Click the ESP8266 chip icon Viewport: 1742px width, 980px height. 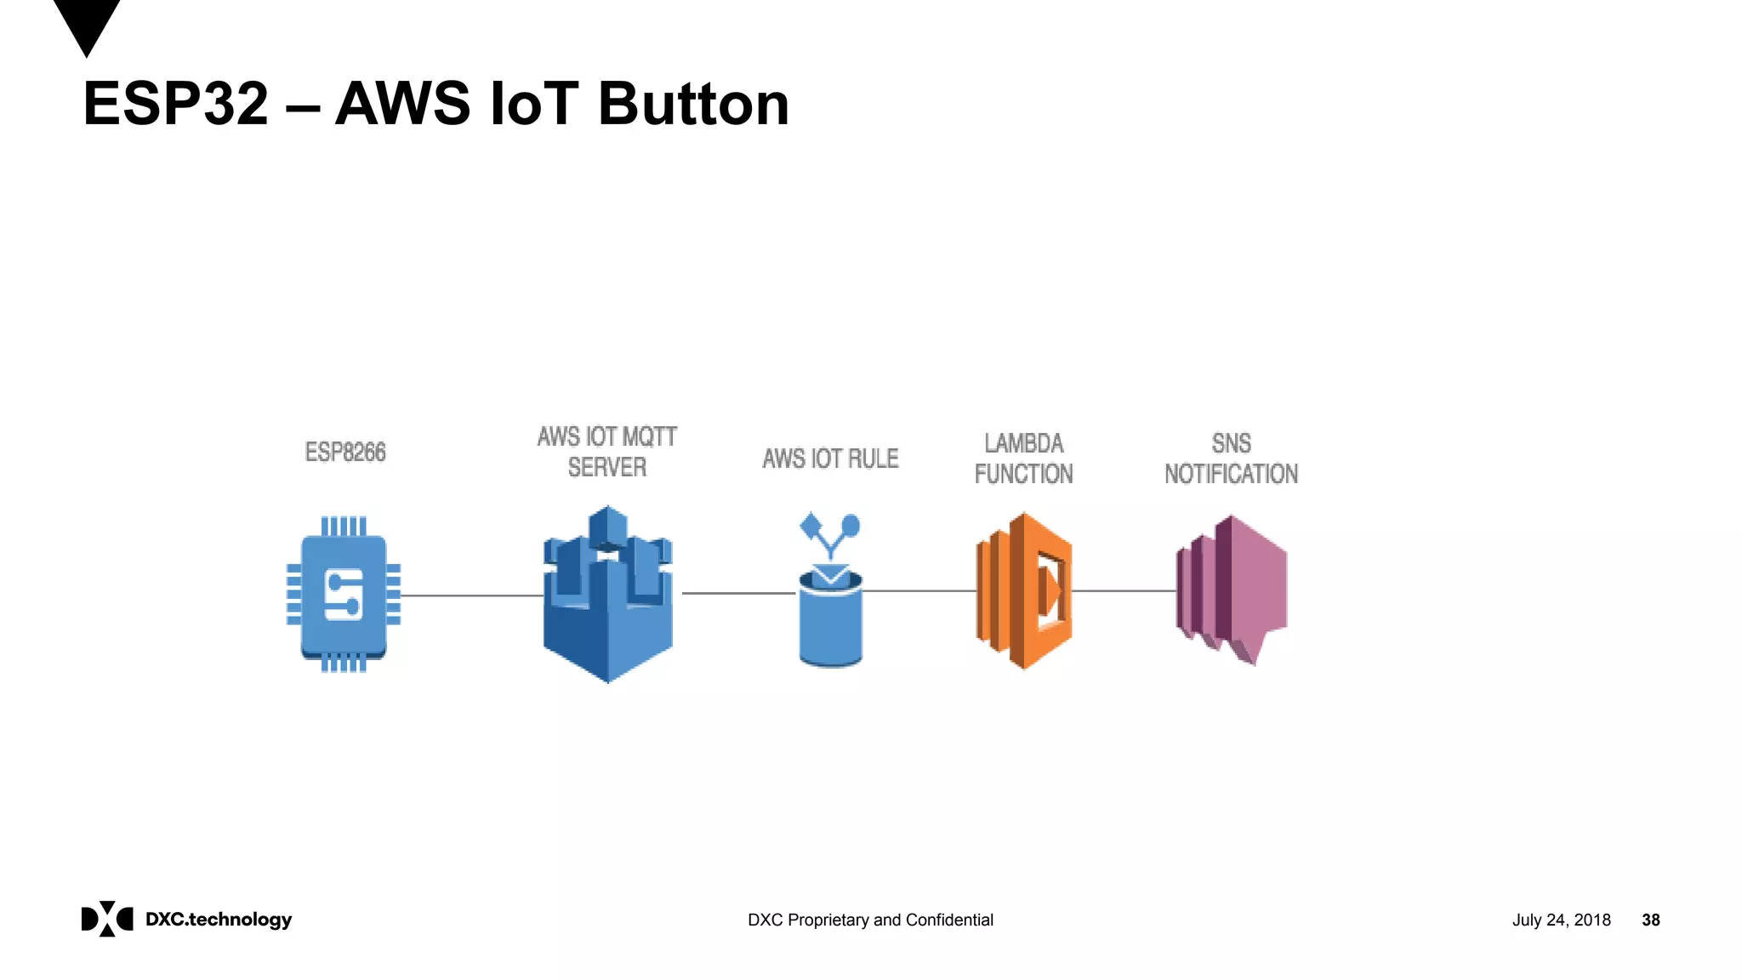point(344,594)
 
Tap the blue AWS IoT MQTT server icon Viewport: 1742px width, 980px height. point(607,595)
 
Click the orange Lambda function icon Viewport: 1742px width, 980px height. point(1023,591)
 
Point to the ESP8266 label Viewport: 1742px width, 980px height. point(345,452)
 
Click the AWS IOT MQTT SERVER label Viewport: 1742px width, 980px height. point(607,452)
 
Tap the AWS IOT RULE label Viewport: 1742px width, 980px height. point(830,459)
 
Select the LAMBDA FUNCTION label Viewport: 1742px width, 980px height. point(1023,459)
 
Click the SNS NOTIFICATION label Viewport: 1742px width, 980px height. point(1231,459)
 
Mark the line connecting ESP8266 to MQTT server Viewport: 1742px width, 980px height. point(472,595)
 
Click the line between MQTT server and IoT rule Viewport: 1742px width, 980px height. point(738,593)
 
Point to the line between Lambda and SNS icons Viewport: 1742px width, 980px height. point(1123,590)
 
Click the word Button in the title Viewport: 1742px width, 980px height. point(693,104)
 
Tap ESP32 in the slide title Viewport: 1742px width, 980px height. point(175,104)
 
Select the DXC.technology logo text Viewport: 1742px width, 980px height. point(219,920)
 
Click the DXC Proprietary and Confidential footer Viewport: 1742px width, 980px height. point(870,920)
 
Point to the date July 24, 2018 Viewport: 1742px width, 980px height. point(1561,920)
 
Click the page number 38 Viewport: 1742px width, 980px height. point(1650,920)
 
